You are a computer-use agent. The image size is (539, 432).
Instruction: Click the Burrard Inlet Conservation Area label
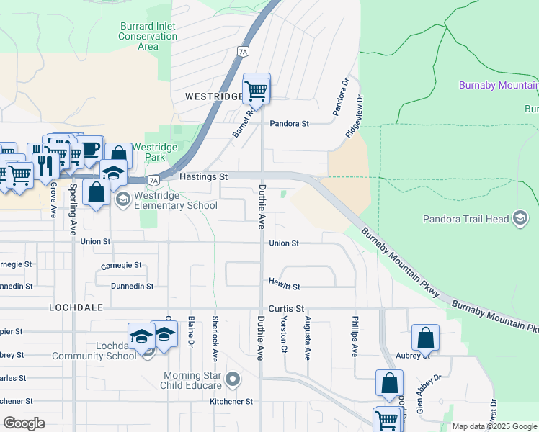148,37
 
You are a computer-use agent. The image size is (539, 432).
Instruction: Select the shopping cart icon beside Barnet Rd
257,91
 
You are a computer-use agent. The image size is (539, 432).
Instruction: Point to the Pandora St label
289,124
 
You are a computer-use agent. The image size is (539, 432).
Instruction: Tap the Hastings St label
203,176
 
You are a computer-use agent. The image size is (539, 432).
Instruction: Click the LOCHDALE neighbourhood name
77,307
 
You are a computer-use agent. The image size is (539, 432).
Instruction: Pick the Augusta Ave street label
308,338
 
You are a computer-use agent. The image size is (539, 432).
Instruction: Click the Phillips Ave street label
355,336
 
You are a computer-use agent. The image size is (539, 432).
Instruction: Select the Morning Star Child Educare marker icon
232,378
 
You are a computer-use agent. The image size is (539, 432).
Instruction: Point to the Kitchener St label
231,401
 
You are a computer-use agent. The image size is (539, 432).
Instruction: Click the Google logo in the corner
24,423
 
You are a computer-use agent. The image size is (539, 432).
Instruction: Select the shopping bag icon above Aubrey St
426,338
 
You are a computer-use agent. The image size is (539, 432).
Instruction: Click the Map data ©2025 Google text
494,426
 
